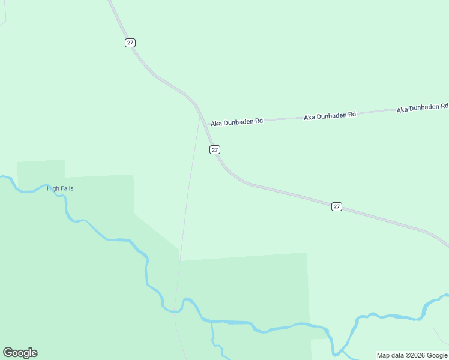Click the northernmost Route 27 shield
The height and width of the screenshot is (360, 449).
[x=130, y=43]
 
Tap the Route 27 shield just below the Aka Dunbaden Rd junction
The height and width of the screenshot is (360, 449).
[x=215, y=149]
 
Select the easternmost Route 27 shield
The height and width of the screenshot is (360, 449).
[x=336, y=206]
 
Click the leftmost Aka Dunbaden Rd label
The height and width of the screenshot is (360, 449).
[x=237, y=122]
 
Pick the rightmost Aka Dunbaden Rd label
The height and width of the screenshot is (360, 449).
[x=422, y=107]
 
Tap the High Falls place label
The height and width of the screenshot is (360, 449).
[x=60, y=188]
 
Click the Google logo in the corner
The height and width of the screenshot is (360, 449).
[x=20, y=353]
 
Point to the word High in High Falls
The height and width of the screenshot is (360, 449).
[x=53, y=188]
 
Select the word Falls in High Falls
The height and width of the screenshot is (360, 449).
[x=67, y=188]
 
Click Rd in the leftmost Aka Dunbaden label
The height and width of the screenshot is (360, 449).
[x=259, y=121]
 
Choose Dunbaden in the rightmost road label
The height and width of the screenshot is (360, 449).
[x=424, y=107]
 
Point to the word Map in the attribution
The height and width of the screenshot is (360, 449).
[x=383, y=355]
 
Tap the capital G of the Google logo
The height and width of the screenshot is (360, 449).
[x=8, y=353]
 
